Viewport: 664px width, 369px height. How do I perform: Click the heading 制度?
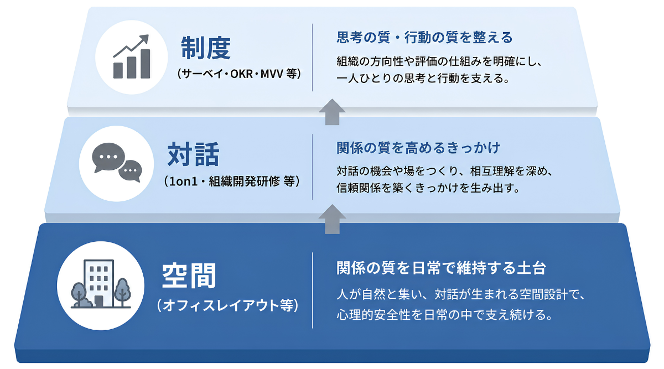click(206, 48)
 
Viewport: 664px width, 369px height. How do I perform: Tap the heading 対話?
click(193, 154)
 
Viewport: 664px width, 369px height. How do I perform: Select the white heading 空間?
click(189, 276)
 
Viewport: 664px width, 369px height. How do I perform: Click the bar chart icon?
click(132, 56)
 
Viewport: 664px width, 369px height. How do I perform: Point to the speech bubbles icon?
click(117, 163)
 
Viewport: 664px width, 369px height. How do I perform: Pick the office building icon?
click(101, 284)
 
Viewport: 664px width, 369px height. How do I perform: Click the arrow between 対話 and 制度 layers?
click(332, 112)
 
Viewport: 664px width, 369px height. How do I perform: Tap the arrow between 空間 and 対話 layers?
click(332, 219)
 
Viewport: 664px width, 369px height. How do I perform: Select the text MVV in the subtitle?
click(272, 74)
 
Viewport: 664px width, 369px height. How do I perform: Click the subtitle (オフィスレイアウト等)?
click(227, 305)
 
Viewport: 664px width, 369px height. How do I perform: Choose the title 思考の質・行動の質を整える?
click(424, 38)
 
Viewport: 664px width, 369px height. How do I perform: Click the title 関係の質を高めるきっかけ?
click(418, 148)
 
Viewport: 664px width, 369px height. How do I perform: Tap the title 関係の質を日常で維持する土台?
click(441, 268)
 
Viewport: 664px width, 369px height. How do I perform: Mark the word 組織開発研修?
click(244, 181)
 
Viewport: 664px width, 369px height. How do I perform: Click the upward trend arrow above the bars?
click(131, 46)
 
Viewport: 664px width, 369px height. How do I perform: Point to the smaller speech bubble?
click(131, 171)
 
